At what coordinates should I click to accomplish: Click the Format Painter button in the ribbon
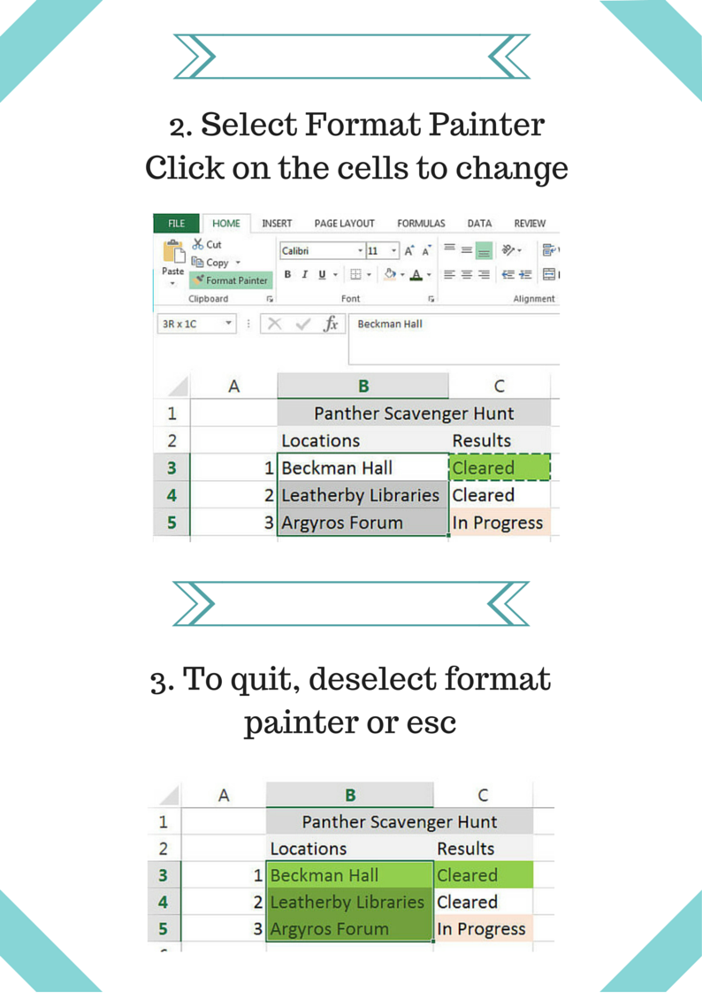232,280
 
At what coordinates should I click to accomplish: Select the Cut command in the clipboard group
207,244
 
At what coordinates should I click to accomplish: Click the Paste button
172,262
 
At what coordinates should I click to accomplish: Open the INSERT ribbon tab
278,224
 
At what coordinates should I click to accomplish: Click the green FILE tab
176,224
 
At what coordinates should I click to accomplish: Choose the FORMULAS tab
421,224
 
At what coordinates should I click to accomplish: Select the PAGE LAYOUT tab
344,224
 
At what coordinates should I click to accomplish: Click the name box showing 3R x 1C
196,324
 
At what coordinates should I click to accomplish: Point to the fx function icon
331,324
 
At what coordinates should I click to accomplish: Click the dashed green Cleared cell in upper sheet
500,468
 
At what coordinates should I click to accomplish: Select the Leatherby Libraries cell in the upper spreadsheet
362,495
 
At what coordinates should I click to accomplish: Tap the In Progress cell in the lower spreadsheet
484,928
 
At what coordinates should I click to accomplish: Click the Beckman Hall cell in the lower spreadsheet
350,875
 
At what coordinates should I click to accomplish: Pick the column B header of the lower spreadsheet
350,795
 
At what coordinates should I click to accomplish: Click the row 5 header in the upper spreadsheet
172,523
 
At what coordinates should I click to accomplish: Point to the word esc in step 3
431,723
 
